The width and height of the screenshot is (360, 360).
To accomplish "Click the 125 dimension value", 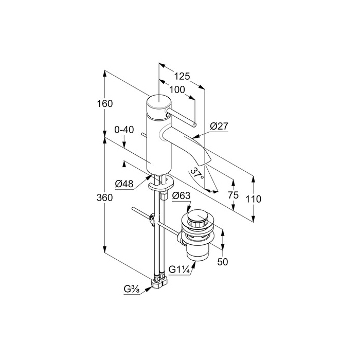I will coord(182,76).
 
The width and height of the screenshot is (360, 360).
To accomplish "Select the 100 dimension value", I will coord(177,89).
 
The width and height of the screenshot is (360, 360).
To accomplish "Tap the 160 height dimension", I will coord(104,103).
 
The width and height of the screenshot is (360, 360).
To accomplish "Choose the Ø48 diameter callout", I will coord(125,183).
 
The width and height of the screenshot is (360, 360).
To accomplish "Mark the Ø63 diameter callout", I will coord(182,195).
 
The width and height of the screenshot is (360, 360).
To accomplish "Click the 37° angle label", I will coord(196,173).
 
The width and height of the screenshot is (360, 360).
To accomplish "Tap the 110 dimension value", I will coord(253,199).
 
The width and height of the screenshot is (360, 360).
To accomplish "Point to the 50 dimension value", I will coord(222,262).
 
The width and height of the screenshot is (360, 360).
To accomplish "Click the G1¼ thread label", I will coord(182,269).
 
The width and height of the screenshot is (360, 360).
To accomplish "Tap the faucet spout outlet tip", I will coord(207,159).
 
